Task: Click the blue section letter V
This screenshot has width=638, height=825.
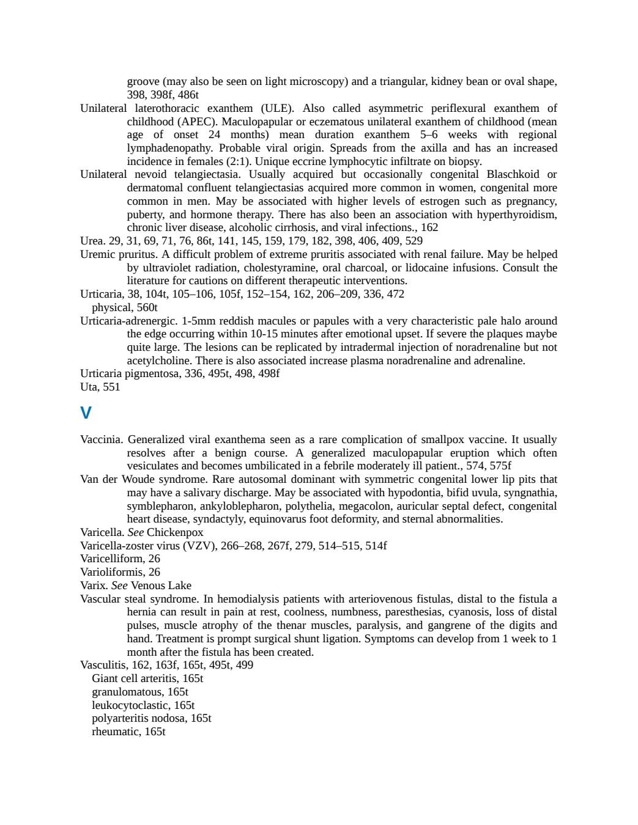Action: coord(86,413)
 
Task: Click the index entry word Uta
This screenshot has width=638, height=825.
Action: coord(90,387)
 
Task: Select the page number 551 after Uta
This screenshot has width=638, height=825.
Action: coord(111,387)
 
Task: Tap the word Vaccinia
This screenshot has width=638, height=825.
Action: coord(102,439)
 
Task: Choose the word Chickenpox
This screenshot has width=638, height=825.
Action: coord(175,532)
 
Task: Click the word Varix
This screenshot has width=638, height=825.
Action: coord(94,585)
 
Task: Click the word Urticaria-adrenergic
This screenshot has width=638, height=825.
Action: coord(129,321)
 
